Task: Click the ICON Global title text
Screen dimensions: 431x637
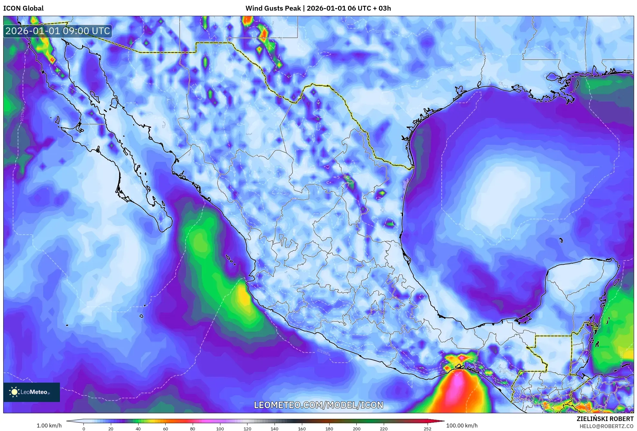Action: (23, 8)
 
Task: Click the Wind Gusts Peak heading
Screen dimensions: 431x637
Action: (318, 8)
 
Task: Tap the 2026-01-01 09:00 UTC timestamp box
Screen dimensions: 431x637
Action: (58, 31)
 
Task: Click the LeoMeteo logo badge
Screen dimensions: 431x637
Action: (32, 392)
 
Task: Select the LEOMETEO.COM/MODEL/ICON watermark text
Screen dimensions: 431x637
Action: (318, 405)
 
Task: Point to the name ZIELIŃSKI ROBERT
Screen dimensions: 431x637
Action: (605, 419)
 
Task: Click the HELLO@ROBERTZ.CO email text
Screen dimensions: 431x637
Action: (606, 426)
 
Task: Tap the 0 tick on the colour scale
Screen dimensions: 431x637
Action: (84, 429)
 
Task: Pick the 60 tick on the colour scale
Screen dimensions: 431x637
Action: (165, 429)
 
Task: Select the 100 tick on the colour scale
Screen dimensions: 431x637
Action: (220, 429)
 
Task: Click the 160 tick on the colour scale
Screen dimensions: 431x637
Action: (302, 429)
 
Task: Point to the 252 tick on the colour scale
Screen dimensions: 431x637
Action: (427, 429)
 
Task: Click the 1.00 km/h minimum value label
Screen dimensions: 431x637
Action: (49, 426)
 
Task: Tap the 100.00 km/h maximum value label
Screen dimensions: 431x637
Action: (462, 426)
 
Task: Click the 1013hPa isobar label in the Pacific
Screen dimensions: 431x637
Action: (323, 352)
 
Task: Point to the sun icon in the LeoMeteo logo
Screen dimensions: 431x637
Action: (14, 392)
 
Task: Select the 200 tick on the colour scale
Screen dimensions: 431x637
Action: (356, 429)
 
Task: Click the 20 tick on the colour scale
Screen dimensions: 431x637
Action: (111, 429)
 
